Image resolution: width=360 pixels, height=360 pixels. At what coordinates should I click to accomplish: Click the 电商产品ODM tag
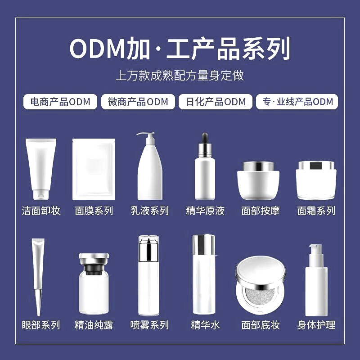coord(60,102)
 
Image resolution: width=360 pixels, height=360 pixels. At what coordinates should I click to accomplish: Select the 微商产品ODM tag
coord(138,102)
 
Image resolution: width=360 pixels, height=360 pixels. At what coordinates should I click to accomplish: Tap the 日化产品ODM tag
coord(216,102)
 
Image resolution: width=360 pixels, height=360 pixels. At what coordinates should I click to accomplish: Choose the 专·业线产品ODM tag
coord(297,102)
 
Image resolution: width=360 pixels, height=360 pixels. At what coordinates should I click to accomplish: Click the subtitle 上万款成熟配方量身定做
coord(180,75)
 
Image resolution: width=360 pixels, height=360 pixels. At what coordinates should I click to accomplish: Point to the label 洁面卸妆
coord(41,211)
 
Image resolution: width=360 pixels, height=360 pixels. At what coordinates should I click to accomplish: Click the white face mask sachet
coord(94,169)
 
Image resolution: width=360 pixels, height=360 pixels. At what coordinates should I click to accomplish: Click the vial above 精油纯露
coord(94,283)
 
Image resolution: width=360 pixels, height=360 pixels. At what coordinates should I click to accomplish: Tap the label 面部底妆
coord(260,325)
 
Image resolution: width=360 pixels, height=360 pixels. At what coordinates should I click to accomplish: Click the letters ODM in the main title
coord(97,49)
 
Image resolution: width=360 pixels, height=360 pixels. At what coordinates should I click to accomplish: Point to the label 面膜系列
coord(94,211)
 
